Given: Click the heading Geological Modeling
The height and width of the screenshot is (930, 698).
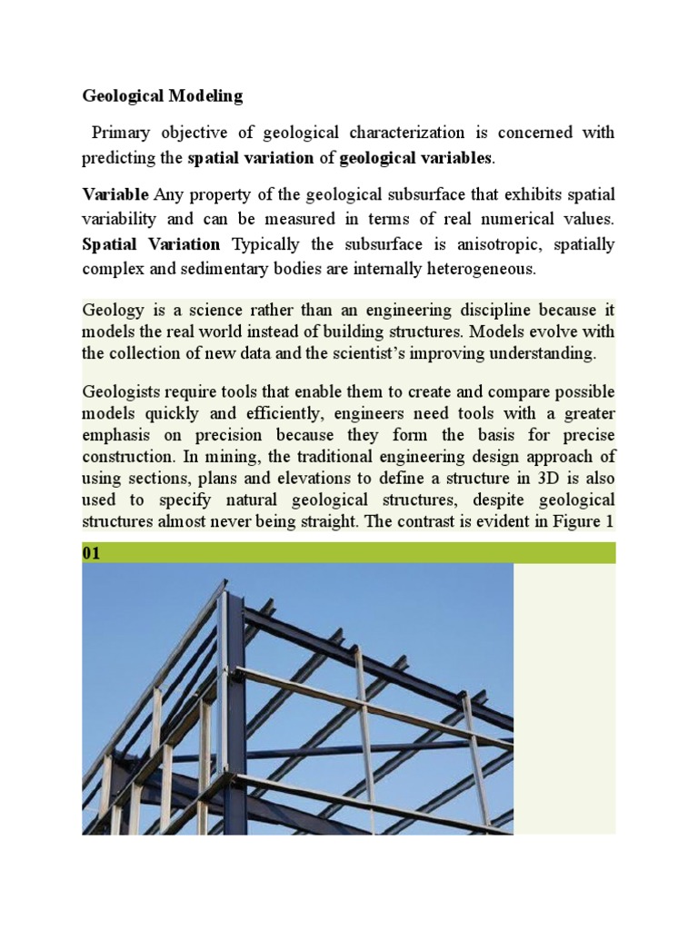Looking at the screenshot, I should pos(163,94).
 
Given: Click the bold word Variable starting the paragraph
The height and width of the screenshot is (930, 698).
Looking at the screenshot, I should pos(116,194).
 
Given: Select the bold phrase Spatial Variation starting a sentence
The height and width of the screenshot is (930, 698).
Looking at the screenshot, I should pos(151,244).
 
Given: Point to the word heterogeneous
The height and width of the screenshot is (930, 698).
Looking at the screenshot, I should pos(474,270).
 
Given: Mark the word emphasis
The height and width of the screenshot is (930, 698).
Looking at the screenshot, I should pos(116,436).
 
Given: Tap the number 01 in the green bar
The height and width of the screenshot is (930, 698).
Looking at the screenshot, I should pos(92,552).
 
